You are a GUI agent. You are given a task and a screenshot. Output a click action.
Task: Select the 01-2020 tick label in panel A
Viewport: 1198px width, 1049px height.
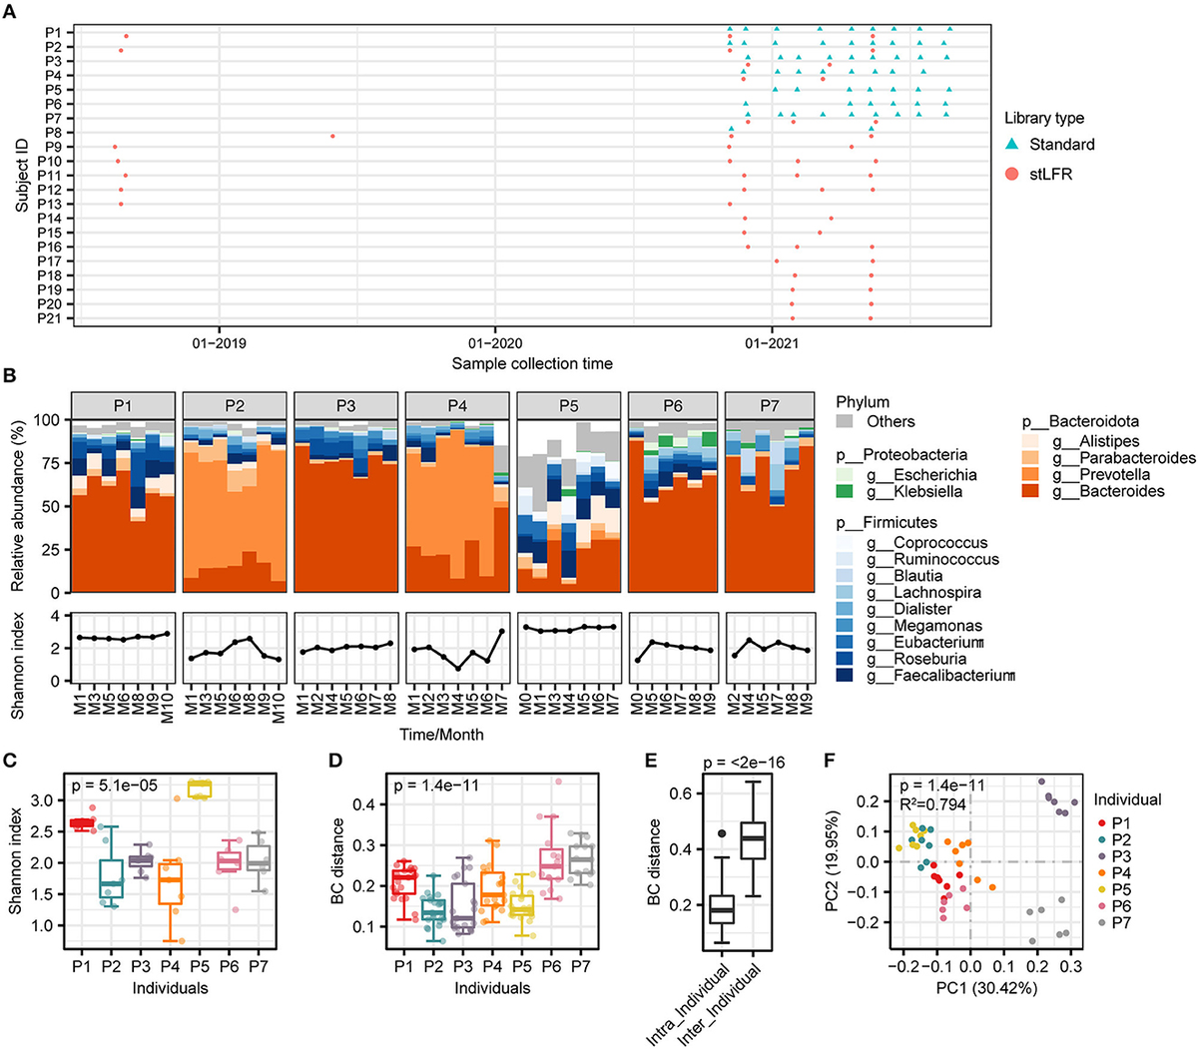pyautogui.click(x=495, y=342)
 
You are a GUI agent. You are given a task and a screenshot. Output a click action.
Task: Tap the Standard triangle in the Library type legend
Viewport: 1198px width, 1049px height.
pyautogui.click(x=1011, y=145)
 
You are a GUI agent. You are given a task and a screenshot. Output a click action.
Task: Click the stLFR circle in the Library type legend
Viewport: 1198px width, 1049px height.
pyautogui.click(x=1011, y=174)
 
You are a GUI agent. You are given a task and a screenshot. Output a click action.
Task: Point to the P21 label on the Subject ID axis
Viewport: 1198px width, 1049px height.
pyautogui.click(x=50, y=318)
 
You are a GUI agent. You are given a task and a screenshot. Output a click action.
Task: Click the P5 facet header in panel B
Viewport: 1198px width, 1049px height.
pyautogui.click(x=567, y=406)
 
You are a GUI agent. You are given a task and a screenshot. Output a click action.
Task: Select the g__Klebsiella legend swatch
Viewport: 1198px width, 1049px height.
pyautogui.click(x=845, y=492)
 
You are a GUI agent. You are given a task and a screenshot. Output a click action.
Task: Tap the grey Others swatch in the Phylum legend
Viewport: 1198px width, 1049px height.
pyautogui.click(x=845, y=421)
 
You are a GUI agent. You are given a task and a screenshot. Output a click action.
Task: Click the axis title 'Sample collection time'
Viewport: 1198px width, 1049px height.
pyautogui.click(x=532, y=363)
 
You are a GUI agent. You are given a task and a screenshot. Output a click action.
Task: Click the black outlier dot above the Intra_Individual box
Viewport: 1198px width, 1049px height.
pyautogui.click(x=722, y=833)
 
